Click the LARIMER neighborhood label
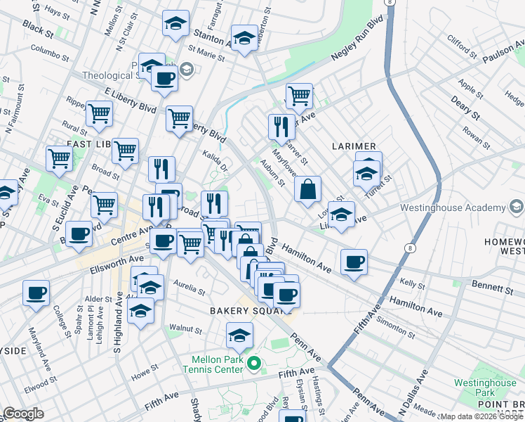tap(356, 146)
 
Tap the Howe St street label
tap(145, 371)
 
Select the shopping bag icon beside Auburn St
tap(307, 190)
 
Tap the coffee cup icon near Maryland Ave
tap(36, 293)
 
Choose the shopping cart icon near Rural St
tap(99, 113)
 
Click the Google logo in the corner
tap(23, 414)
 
